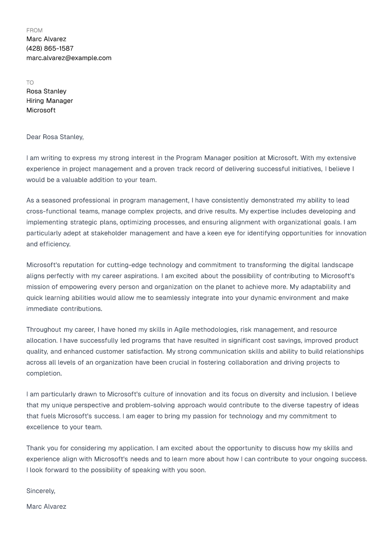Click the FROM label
tap(34, 30)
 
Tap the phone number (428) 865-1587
tap(50, 49)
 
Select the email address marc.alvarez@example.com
tap(69, 58)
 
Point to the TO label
tap(30, 83)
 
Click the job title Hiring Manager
tap(49, 101)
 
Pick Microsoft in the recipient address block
tap(41, 110)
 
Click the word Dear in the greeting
tap(33, 137)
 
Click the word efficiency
tap(55, 244)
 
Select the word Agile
tap(182, 330)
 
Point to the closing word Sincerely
tap(40, 491)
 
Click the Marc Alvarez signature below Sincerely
tap(46, 507)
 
